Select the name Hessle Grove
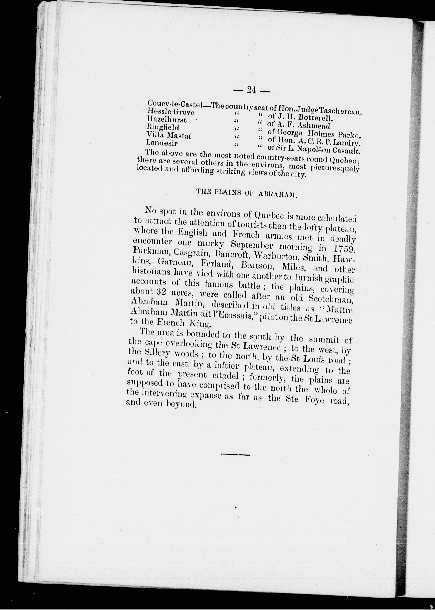(171, 111)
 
